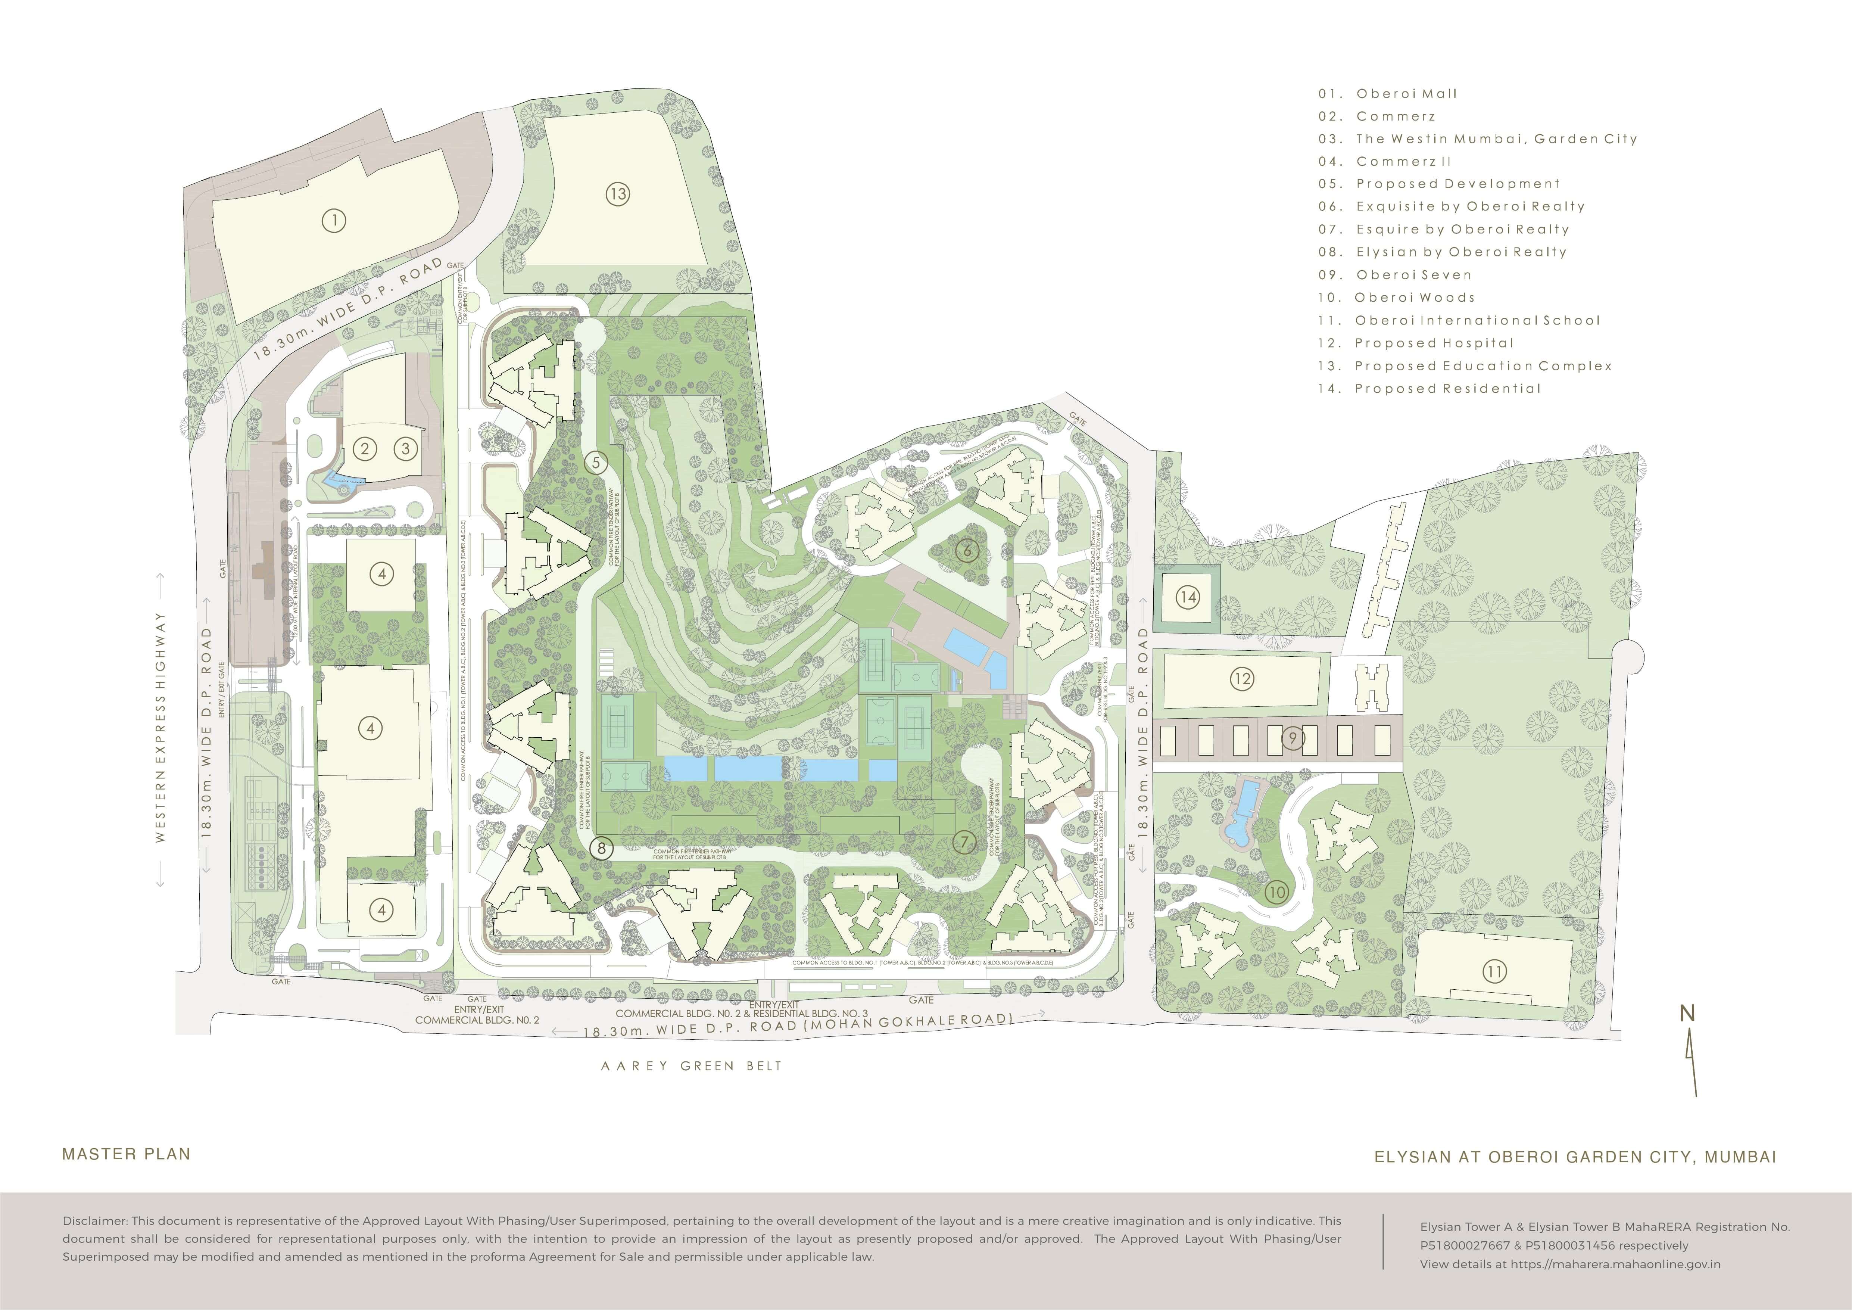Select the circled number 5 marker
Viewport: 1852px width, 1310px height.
pos(596,462)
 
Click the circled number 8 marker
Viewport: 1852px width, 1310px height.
pos(601,848)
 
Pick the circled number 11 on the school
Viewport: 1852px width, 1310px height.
pos(1494,971)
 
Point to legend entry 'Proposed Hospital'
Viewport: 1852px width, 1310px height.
pos(1434,343)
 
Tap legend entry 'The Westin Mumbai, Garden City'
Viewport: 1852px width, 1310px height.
pos(1496,139)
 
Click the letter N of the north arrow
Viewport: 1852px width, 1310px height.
pos(1687,1013)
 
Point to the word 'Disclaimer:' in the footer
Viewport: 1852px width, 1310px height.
pos(95,1221)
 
